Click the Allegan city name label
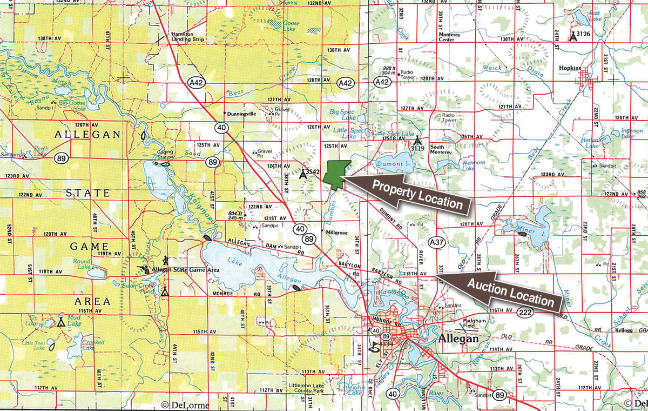pyautogui.click(x=460, y=339)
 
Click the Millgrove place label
pyautogui.click(x=335, y=231)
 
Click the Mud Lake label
pyautogui.click(x=74, y=323)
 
